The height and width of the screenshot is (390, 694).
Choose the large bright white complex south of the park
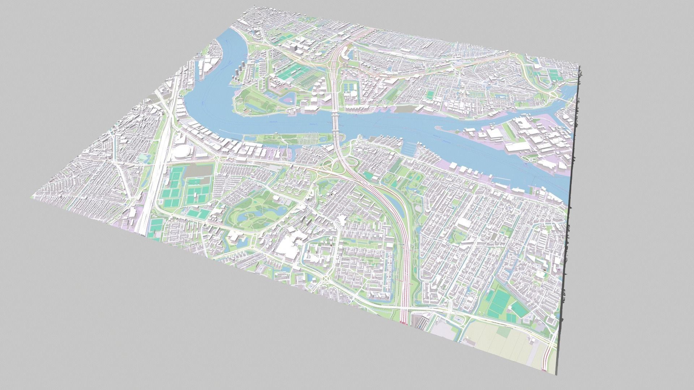[x=287, y=249]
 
